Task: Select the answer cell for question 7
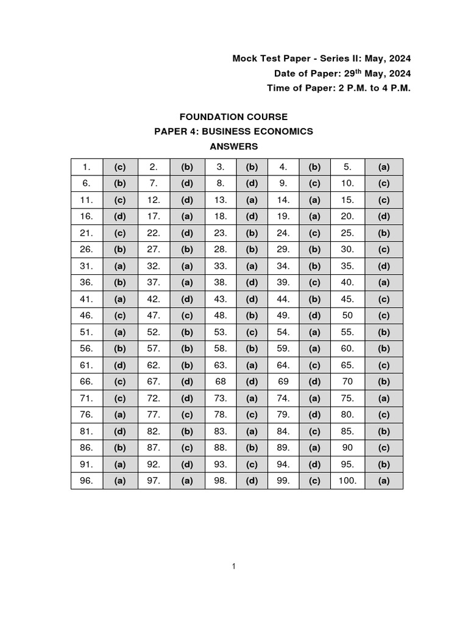pos(186,183)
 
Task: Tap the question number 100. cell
pos(347,481)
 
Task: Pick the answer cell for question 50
pos(383,316)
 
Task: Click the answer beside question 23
pos(252,233)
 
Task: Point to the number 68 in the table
pos(221,381)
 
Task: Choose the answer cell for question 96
pos(119,481)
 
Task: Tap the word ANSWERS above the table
pos(234,146)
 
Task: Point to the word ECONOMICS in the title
pos(285,132)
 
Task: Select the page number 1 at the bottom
pos(233,567)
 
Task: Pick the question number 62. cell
pos(154,365)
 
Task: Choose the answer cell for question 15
pos(383,200)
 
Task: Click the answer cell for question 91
pos(119,464)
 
